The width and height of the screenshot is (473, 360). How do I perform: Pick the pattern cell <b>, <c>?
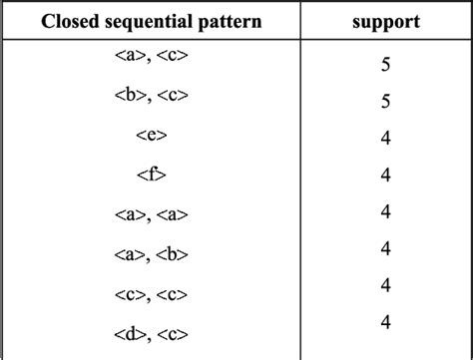click(x=151, y=98)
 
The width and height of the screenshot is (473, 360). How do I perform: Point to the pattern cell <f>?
click(x=151, y=176)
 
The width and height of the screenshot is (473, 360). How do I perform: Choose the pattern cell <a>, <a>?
click(x=151, y=214)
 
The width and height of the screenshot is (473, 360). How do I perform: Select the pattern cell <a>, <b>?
click(x=151, y=252)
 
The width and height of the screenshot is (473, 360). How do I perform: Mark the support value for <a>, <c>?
click(x=385, y=66)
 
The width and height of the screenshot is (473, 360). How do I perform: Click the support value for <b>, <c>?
click(x=385, y=102)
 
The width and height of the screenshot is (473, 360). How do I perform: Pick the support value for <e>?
click(x=385, y=138)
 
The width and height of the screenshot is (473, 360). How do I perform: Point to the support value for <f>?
click(x=385, y=175)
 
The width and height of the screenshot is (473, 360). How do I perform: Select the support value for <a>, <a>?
click(x=385, y=210)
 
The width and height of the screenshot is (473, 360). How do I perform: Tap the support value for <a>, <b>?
click(x=385, y=247)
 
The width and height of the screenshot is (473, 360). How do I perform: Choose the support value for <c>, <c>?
click(x=385, y=284)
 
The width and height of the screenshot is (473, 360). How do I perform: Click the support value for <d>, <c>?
click(x=385, y=320)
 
